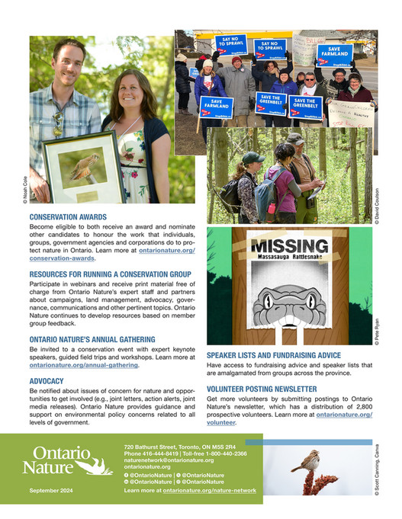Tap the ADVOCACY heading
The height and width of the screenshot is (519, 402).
point(47,380)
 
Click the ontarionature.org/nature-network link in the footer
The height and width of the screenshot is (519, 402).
point(210,491)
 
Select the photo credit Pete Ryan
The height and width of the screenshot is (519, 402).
point(376,332)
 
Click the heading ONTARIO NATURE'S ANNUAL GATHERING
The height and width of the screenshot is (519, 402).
point(92,339)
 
